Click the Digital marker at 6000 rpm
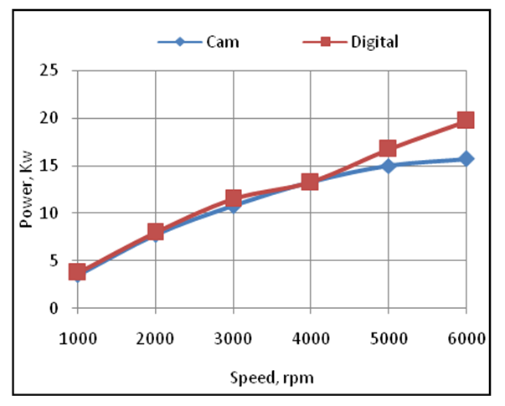(466, 120)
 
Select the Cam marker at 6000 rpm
(466, 158)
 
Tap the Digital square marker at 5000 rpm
(388, 148)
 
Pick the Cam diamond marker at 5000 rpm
(388, 166)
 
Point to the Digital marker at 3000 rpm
(233, 198)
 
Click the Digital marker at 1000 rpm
(78, 272)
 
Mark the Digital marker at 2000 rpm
(155, 232)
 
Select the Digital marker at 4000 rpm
(310, 182)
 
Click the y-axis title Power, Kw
(30, 189)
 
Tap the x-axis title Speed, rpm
(271, 377)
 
